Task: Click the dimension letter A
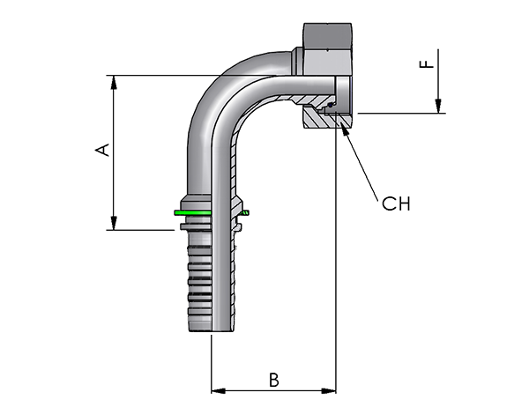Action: (103, 150)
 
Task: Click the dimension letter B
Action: (274, 380)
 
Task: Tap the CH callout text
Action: (396, 203)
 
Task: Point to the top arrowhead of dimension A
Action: (114, 82)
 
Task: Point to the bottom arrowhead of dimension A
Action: (114, 223)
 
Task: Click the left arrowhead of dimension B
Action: (219, 391)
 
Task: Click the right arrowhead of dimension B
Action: (329, 391)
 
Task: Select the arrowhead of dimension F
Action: (438, 107)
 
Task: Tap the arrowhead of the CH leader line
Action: (344, 129)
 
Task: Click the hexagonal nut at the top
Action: (327, 49)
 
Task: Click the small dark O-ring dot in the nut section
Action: (331, 106)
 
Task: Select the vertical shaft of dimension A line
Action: (114, 152)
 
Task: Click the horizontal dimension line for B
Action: (273, 391)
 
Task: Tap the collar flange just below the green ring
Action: (196, 226)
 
